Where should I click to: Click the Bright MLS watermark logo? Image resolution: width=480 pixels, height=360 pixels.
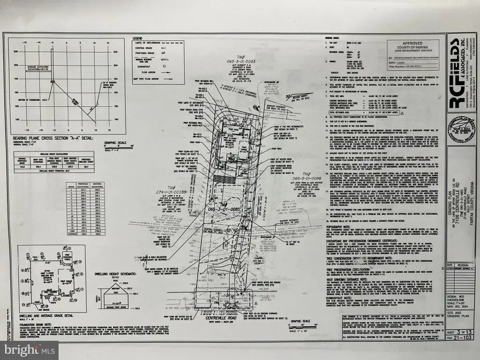click(x=29, y=350)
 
